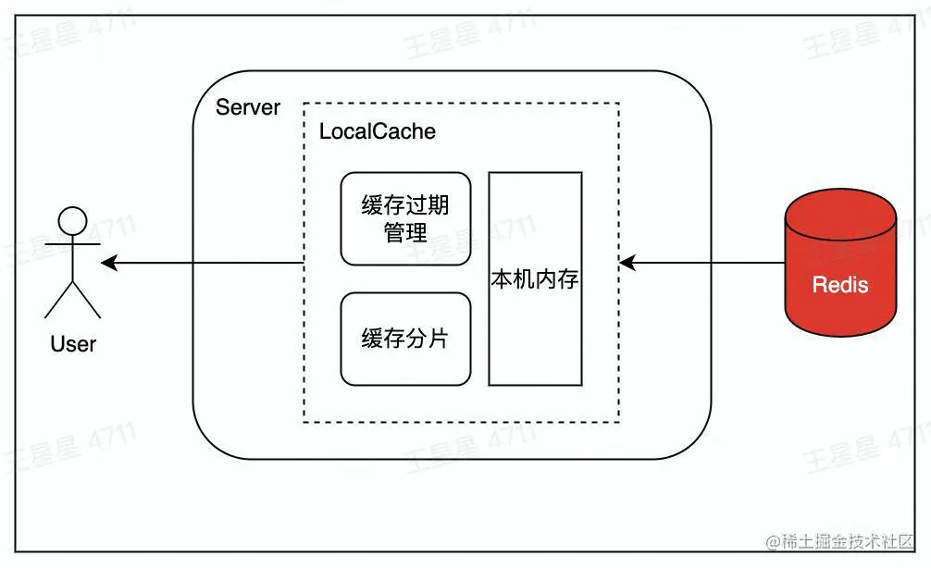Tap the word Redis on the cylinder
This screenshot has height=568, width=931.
(x=840, y=284)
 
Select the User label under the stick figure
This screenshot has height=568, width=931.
(x=73, y=344)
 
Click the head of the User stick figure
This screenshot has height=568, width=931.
(x=73, y=221)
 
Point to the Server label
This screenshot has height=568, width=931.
(x=247, y=107)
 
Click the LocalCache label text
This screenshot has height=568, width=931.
(x=377, y=131)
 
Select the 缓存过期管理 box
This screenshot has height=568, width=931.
(x=405, y=218)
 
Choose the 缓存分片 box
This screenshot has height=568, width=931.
(x=405, y=339)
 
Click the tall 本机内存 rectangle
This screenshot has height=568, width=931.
(x=535, y=278)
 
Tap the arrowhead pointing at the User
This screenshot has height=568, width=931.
(x=108, y=264)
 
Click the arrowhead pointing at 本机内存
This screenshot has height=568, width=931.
(x=627, y=264)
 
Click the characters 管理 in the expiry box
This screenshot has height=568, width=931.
(x=405, y=232)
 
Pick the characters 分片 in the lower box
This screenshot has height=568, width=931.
(x=427, y=339)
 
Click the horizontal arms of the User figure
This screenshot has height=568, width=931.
(x=73, y=244)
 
